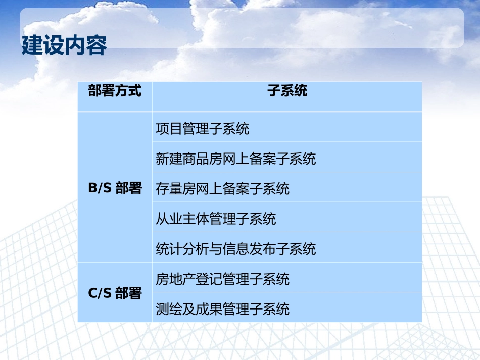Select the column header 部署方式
115,91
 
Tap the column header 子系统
287,91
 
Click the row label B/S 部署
115,188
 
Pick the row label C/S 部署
115,293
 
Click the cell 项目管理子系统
203,129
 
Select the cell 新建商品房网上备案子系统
236,159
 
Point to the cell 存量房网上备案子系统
223,189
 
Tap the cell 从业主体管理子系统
216,219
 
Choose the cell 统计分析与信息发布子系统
236,249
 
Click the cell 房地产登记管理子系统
223,279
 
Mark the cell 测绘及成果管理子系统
223,308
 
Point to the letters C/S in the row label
100,293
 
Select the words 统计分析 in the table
182,249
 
